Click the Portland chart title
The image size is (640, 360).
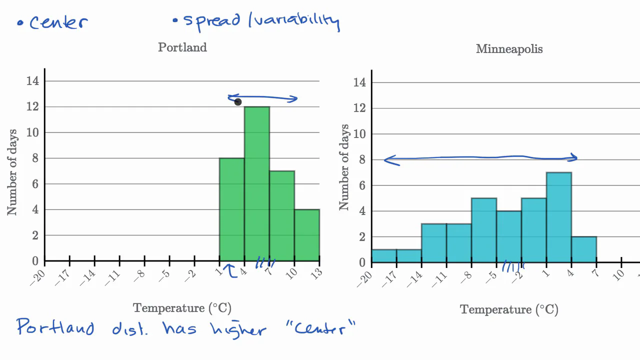pos(182,47)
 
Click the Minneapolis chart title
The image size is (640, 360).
pos(509,49)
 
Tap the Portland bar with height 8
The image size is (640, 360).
pos(232,209)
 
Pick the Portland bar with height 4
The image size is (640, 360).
pos(307,235)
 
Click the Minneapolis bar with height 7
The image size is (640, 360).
pos(559,217)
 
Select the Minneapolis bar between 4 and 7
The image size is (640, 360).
pos(584,249)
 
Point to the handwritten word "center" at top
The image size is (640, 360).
pos(58,22)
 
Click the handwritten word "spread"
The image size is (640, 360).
pos(213,20)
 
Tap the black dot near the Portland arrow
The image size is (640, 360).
pos(238,102)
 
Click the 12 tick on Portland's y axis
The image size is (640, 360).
pos(32,106)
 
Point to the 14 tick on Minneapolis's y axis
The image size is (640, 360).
pos(359,82)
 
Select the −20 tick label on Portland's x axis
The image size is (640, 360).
pos(38,278)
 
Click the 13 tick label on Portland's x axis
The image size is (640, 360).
pos(315,273)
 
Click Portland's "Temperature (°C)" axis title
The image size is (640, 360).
pos(182,308)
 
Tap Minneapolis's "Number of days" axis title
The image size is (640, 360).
pos(344,167)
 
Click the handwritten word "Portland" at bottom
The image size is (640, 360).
pos(55,327)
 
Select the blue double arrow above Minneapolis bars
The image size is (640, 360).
pos(480,158)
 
